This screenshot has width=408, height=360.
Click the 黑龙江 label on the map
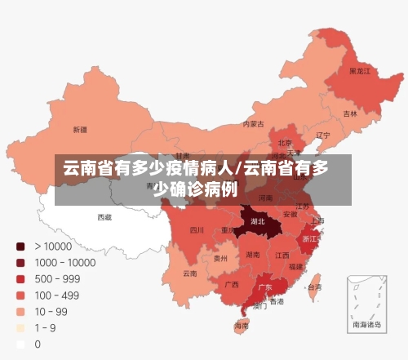(x=360, y=72)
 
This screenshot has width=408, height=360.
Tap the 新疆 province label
(x=80, y=129)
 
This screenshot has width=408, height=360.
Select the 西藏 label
(x=104, y=217)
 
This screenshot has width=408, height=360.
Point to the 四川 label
(x=197, y=230)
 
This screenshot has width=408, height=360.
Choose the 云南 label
(x=189, y=273)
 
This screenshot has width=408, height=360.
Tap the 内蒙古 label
(x=254, y=124)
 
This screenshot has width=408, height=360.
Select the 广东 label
(x=265, y=287)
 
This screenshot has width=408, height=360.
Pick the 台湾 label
(x=313, y=287)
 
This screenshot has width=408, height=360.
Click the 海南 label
(x=241, y=326)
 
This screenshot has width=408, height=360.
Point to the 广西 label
(x=231, y=285)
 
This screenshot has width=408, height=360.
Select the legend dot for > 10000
(x=20, y=247)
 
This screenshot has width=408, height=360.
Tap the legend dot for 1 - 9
(x=20, y=328)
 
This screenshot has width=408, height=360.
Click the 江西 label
(x=282, y=255)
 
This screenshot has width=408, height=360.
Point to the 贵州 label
(x=220, y=258)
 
